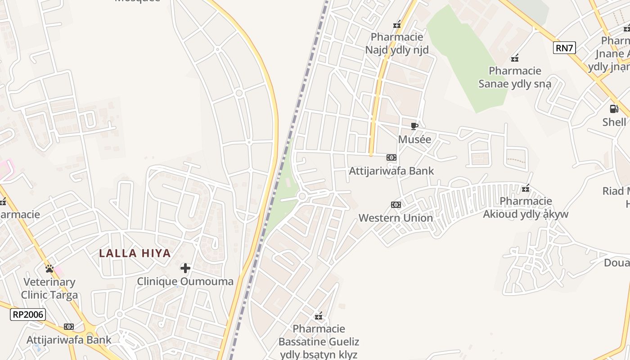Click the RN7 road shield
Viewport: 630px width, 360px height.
tap(564, 47)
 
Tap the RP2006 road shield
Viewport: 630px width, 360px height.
tap(28, 315)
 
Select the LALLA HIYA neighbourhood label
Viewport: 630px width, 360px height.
tap(135, 253)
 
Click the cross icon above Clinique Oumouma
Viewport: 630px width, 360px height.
tap(185, 269)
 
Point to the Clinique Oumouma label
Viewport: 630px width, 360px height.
tap(185, 282)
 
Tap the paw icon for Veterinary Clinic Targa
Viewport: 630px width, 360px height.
tap(49, 269)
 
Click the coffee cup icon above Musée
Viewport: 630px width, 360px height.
tap(414, 126)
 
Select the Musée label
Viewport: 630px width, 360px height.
tap(414, 139)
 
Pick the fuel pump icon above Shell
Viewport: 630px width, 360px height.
tap(614, 109)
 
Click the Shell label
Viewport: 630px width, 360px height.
tap(614, 122)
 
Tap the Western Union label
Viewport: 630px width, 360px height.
tap(396, 218)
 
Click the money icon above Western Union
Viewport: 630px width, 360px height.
tap(396, 205)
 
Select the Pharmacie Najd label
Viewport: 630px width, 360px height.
tap(397, 43)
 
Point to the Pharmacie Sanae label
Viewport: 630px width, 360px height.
tap(515, 77)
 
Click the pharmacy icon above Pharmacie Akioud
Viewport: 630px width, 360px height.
tap(526, 189)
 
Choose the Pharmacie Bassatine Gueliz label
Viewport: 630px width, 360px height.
tap(319, 342)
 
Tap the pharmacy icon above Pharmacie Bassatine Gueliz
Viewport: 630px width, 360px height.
tap(319, 316)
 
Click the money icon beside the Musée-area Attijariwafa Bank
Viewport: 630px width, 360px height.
tap(391, 157)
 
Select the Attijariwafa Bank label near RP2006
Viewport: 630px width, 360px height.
tap(69, 340)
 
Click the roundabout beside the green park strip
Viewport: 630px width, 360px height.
tap(302, 196)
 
